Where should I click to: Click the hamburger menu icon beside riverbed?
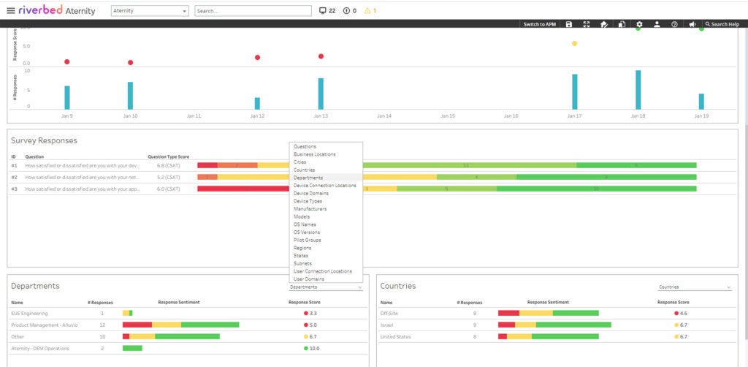coord(10,11)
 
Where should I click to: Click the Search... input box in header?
coord(253,11)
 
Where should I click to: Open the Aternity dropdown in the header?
coord(149,11)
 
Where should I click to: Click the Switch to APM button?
coord(539,24)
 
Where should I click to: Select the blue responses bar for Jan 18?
coord(638,89)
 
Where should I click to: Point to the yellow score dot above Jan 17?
coord(574,44)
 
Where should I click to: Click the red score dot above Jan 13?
coord(321,56)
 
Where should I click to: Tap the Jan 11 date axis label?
coord(194,116)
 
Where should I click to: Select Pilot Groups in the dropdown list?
coord(307,240)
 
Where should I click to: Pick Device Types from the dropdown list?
coord(308,201)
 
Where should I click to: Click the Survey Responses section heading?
coord(44,140)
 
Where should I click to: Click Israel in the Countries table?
coord(388,325)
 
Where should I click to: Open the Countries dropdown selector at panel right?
coord(693,287)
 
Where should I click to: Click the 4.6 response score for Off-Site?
coord(684,313)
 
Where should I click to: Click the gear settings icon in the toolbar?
coord(639,24)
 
